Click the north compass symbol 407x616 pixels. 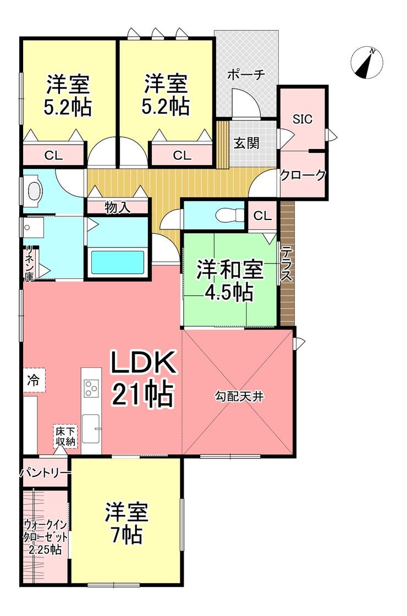[x=367, y=62]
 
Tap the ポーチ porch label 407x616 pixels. [x=246, y=75]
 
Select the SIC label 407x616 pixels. [x=302, y=119]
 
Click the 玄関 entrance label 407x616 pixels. [x=247, y=144]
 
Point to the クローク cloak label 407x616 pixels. [x=302, y=175]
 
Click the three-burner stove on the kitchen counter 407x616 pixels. [x=91, y=388]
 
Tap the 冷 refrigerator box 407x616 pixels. [x=34, y=380]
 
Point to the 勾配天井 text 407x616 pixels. [x=239, y=397]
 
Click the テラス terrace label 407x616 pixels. [x=287, y=263]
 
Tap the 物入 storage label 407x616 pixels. [x=118, y=207]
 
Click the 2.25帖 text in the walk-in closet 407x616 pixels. [x=45, y=549]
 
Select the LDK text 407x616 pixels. [x=142, y=364]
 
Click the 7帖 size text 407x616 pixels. [x=126, y=535]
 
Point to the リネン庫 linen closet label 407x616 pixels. [x=29, y=263]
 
